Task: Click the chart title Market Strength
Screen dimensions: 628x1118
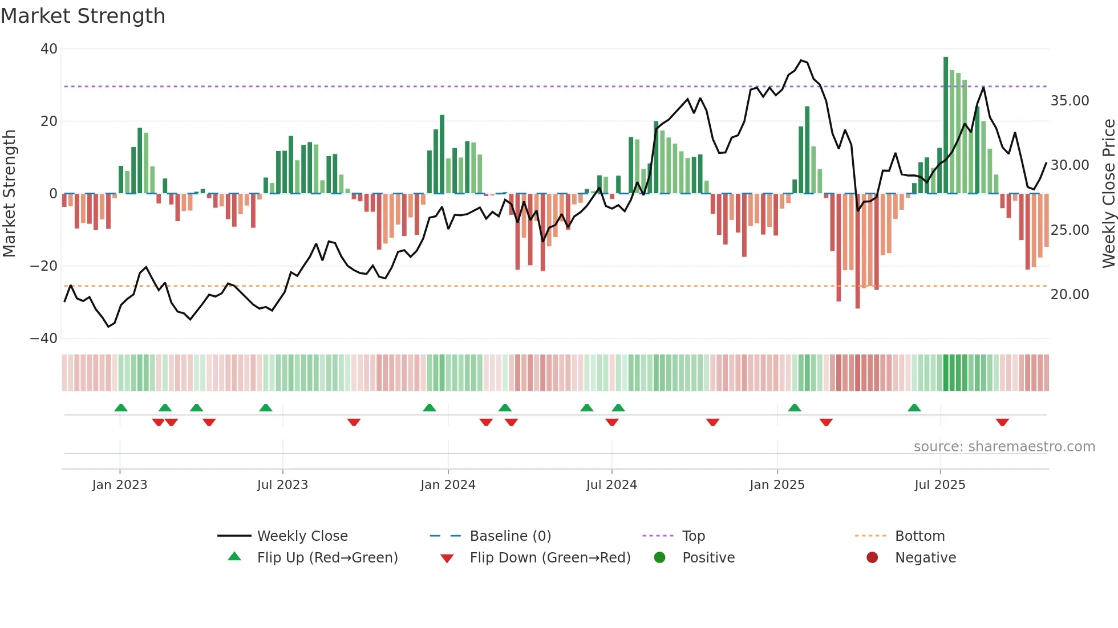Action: click(83, 16)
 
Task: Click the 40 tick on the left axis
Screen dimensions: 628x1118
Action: click(49, 49)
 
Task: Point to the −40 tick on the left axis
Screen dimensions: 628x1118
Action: click(44, 339)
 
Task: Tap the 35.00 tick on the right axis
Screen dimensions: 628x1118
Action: click(1070, 101)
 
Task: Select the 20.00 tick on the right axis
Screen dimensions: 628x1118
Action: click(1070, 295)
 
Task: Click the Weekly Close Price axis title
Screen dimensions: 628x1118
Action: click(1108, 194)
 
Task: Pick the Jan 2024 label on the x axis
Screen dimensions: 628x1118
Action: click(448, 485)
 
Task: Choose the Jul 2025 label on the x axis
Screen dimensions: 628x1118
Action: click(939, 485)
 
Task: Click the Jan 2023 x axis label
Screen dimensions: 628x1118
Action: click(120, 485)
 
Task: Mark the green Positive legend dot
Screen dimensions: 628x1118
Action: click(660, 558)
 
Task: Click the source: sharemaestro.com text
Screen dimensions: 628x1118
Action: click(1004, 447)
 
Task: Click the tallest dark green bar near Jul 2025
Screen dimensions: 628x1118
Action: click(946, 125)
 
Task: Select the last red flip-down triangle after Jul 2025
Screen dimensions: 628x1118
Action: click(1002, 422)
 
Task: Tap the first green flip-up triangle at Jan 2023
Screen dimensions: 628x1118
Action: click(121, 407)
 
